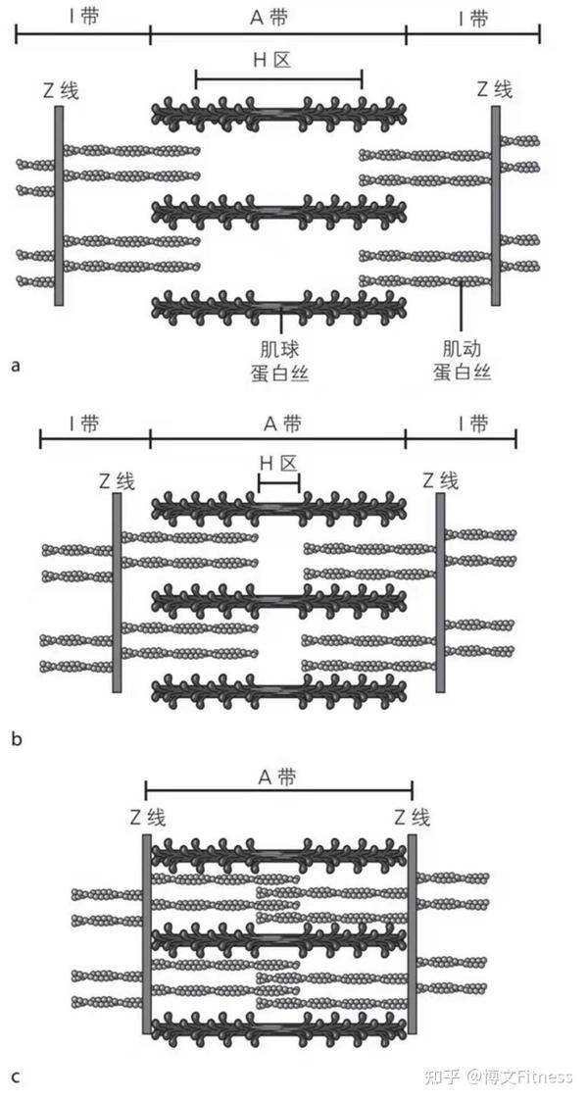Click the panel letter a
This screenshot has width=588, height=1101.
pyautogui.click(x=15, y=366)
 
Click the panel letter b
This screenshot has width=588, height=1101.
pyautogui.click(x=16, y=738)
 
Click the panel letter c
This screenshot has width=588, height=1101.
pyautogui.click(x=15, y=1076)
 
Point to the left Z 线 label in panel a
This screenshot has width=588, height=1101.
pyautogui.click(x=60, y=91)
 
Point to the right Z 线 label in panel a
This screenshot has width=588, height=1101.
pyautogui.click(x=495, y=89)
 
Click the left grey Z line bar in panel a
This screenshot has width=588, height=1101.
pyautogui.click(x=60, y=206)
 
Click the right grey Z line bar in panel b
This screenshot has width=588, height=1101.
pyautogui.click(x=440, y=592)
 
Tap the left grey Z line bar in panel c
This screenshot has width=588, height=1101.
pyautogui.click(x=147, y=932)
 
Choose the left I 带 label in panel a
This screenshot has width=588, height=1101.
pyautogui.click(x=82, y=19)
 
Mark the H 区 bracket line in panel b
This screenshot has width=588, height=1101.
pyautogui.click(x=278, y=480)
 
